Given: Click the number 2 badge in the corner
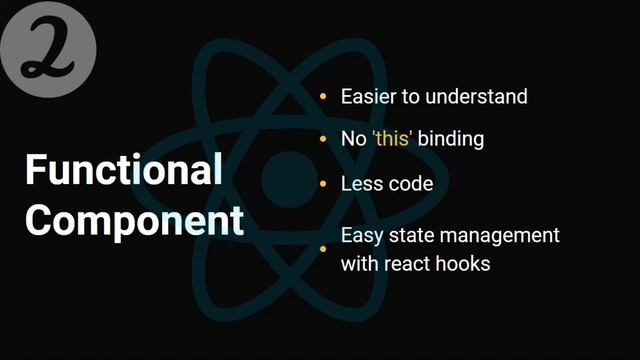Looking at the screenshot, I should click(x=48, y=49).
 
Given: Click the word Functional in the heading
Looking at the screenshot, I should click(x=123, y=171).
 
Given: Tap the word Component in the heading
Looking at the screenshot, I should click(x=134, y=220).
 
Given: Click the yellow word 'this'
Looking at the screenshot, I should click(x=391, y=139).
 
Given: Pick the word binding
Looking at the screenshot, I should click(x=451, y=139).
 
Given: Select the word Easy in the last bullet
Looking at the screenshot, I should click(x=362, y=236).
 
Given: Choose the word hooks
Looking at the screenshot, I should click(x=464, y=264).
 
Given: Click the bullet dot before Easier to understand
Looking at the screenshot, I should click(x=322, y=97).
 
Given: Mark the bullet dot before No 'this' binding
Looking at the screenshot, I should click(x=322, y=139).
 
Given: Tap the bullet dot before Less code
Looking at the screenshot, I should click(x=322, y=184).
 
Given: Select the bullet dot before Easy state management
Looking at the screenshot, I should click(x=322, y=249).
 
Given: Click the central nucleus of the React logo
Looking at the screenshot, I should click(x=288, y=178).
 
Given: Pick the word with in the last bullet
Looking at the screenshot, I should click(x=359, y=264).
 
